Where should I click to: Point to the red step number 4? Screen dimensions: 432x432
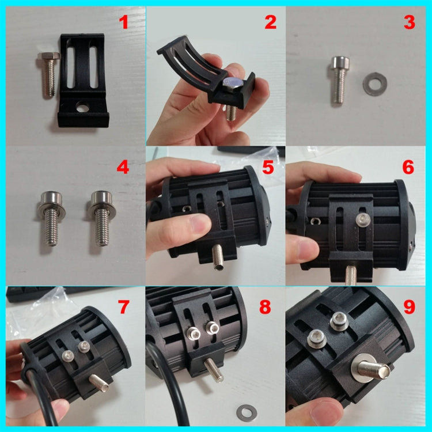[122, 168]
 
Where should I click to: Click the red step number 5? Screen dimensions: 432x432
[270, 168]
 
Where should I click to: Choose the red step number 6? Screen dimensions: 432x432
[408, 167]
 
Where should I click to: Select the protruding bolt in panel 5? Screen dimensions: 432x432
[220, 256]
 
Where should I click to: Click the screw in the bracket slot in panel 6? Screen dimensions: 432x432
[362, 218]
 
